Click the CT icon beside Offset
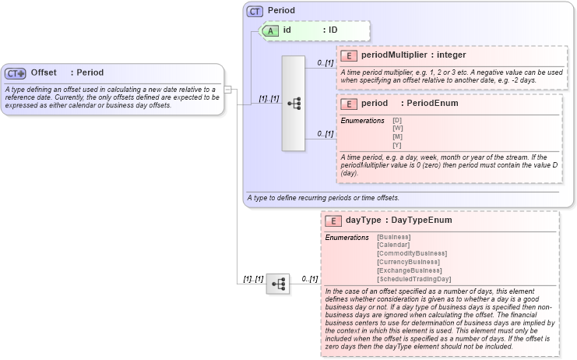[16, 73]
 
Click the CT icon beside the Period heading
[255, 11]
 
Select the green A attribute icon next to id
[269, 30]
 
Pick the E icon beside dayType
[334, 221]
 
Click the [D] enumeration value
[397, 120]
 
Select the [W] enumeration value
[397, 128]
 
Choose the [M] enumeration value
[397, 136]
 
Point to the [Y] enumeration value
[397, 145]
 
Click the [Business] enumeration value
[395, 236]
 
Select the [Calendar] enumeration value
[395, 245]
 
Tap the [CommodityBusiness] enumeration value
[411, 253]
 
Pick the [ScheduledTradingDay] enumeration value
[413, 279]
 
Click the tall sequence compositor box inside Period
[294, 103]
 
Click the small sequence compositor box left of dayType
[278, 284]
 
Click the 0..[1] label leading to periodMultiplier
[325, 62]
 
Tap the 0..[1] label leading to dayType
[309, 278]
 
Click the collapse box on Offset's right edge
[227, 90]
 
